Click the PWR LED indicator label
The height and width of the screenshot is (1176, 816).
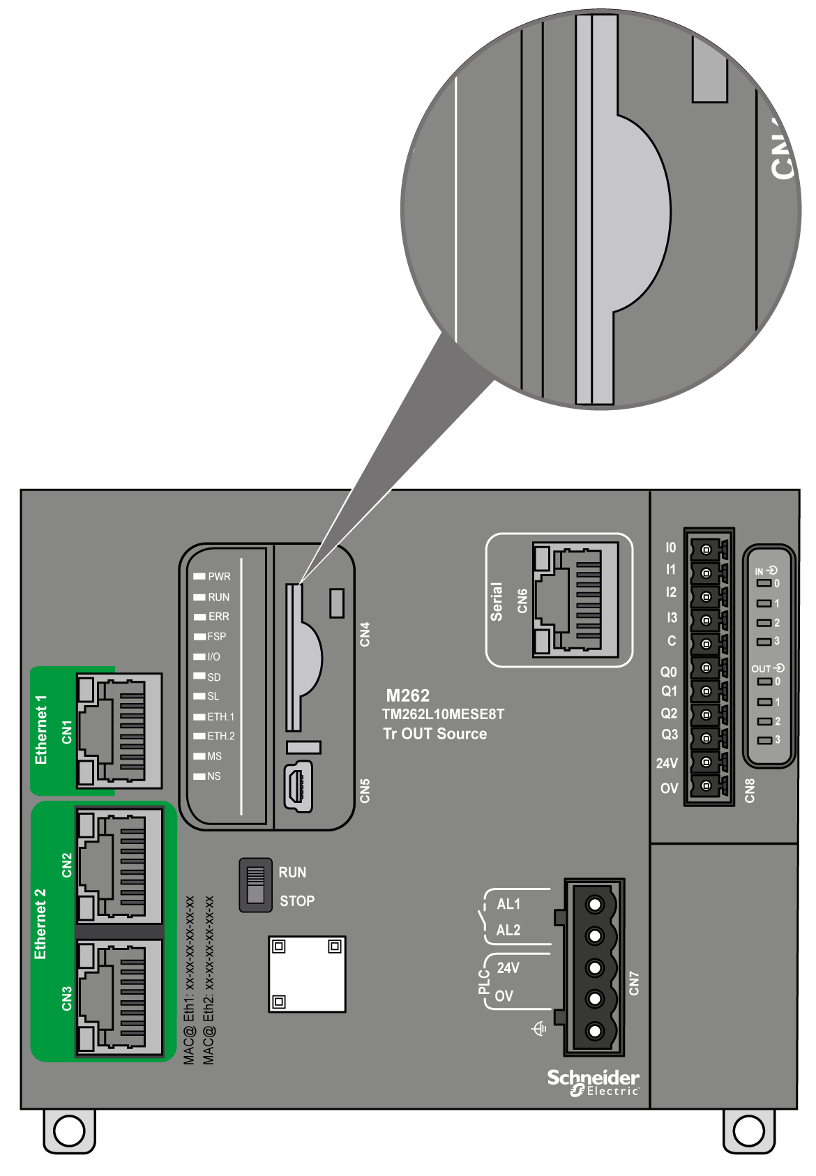click(219, 577)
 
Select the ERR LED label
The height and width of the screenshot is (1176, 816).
click(218, 617)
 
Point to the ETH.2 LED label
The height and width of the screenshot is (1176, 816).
click(220, 736)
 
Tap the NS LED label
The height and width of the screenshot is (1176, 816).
click(213, 776)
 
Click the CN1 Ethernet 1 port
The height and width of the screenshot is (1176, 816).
click(119, 731)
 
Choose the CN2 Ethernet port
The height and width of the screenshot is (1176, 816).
click(119, 865)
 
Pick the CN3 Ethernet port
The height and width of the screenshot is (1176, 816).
click(119, 997)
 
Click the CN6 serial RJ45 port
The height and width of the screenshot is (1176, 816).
click(575, 600)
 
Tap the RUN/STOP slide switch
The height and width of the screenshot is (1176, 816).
click(256, 885)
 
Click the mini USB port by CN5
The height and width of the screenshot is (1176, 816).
click(298, 787)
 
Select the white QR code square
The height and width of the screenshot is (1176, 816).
click(307, 974)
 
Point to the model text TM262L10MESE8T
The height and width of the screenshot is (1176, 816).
click(443, 714)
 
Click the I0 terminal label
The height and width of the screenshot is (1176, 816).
click(670, 548)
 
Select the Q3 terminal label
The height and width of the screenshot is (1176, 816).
click(669, 734)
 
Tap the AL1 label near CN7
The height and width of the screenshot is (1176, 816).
click(508, 904)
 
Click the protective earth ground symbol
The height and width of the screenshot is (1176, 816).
click(539, 1029)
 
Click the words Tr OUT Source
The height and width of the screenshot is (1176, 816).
click(435, 734)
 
